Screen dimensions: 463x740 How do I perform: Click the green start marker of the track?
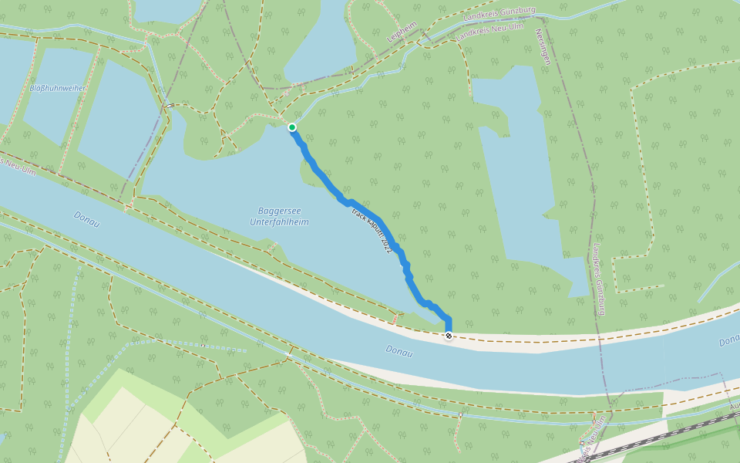pos(292,127)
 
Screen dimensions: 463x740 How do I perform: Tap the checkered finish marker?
pos(449,336)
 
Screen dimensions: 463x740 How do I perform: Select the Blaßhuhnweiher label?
pos(58,88)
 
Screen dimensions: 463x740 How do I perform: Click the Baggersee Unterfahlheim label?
pos(279,216)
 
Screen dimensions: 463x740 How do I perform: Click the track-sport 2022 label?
pos(372,231)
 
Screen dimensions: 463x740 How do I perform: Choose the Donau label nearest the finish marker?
pos(399,352)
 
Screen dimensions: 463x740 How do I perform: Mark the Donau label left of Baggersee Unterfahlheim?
pos(86,217)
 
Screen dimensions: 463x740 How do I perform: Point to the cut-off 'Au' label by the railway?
pos(734,404)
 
